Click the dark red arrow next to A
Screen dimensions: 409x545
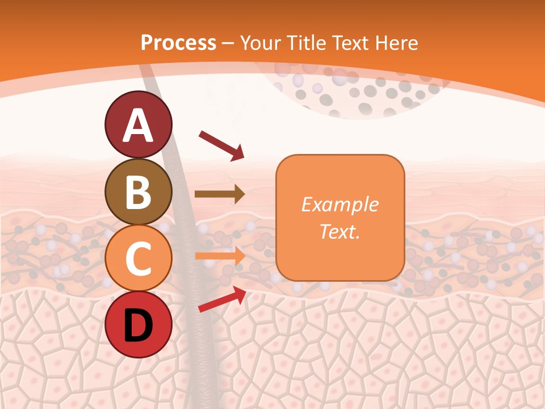click(221, 145)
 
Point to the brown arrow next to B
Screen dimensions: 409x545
click(220, 194)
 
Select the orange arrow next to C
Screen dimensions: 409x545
click(220, 256)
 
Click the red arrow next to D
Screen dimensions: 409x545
click(222, 299)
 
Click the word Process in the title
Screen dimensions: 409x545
click(178, 43)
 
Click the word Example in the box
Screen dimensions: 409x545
click(339, 204)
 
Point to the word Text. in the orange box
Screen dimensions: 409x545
click(339, 232)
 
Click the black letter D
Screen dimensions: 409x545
click(138, 325)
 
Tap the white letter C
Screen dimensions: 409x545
click(138, 258)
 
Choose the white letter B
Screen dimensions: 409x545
click(138, 192)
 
